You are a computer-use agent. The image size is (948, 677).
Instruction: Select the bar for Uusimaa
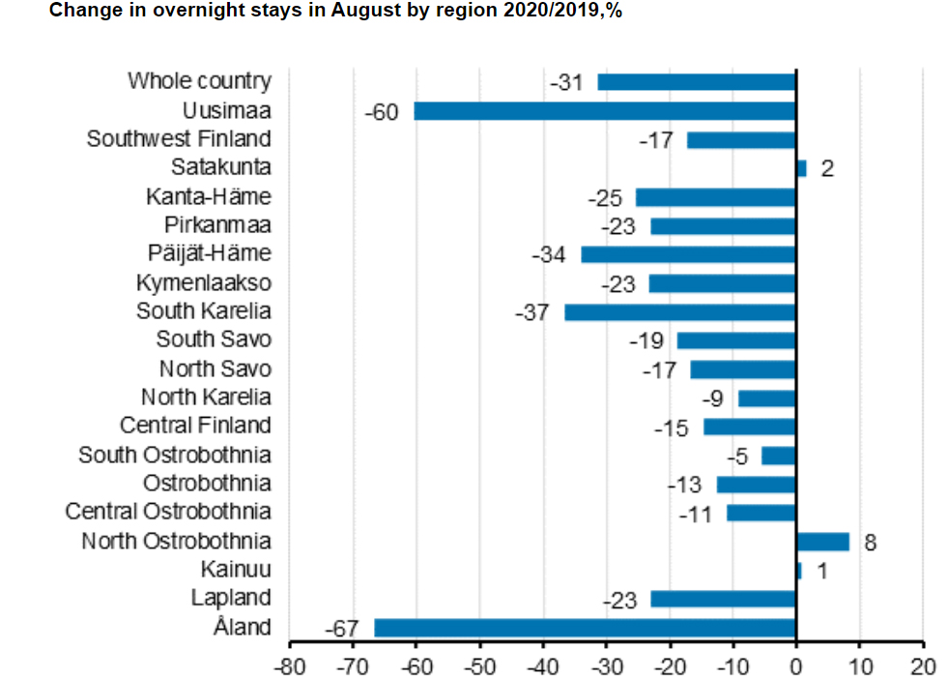(605, 111)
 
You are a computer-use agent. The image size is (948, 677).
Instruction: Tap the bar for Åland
(585, 628)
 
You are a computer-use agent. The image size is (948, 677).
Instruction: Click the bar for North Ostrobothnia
(822, 542)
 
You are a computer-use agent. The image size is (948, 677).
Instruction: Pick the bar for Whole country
(697, 82)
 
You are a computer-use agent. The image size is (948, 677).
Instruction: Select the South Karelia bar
(680, 312)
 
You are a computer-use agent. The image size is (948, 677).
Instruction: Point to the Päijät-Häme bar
(688, 254)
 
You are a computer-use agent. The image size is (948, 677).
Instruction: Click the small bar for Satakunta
(801, 168)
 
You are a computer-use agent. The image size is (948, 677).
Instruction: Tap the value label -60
(381, 112)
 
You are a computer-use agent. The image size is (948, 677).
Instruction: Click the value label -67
(341, 630)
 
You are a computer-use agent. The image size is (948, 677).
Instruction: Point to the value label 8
(870, 543)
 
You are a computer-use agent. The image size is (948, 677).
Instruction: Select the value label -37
(532, 313)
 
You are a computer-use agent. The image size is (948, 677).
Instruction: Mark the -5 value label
(738, 456)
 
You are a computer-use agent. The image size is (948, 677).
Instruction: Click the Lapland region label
(231, 598)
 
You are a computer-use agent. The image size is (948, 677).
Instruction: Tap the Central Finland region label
(195, 426)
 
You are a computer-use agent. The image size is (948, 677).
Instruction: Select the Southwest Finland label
(179, 139)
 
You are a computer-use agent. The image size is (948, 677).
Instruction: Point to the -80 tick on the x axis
(287, 666)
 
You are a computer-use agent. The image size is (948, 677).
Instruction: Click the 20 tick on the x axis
(923, 666)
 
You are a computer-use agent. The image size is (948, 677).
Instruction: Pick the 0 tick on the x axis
(795, 666)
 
